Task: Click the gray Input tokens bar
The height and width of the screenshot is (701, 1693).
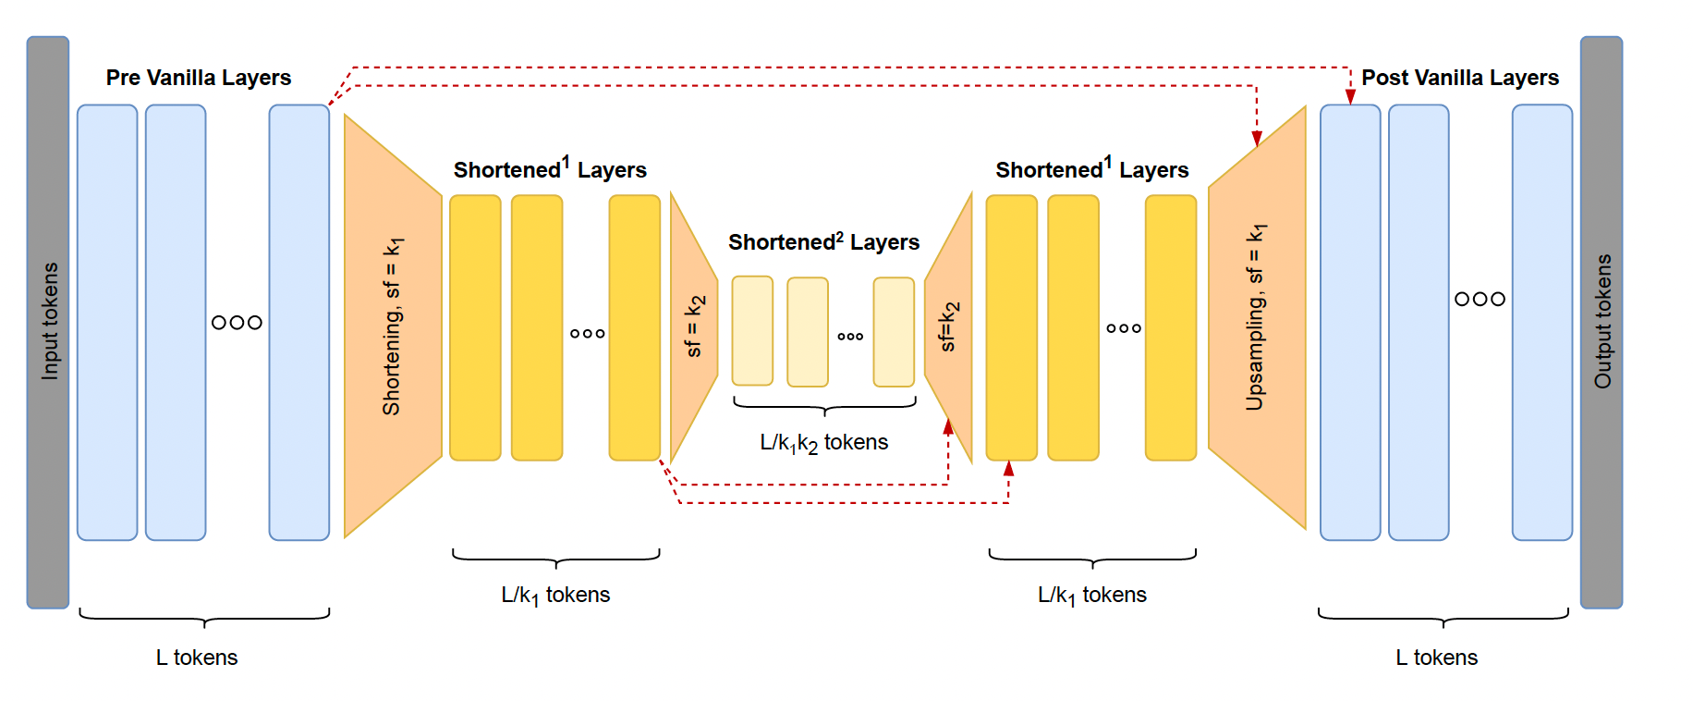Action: click(x=48, y=322)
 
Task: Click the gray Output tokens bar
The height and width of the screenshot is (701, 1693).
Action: click(x=1601, y=322)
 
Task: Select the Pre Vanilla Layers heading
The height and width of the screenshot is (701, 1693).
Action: click(x=198, y=78)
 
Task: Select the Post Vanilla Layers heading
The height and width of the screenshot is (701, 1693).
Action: click(x=1459, y=78)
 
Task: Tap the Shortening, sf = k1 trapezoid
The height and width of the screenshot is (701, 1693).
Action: click(x=392, y=326)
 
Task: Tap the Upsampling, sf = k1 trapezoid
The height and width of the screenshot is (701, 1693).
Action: click(x=1256, y=317)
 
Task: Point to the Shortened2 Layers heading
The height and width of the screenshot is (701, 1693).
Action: click(x=823, y=242)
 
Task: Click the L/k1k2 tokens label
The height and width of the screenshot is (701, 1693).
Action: click(x=823, y=443)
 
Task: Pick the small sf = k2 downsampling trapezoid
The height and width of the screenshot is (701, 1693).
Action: click(x=693, y=326)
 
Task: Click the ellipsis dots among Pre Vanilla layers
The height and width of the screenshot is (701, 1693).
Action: click(x=237, y=323)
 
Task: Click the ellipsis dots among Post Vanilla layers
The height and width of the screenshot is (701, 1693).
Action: click(x=1480, y=299)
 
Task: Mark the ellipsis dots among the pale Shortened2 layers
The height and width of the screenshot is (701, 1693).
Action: click(x=850, y=337)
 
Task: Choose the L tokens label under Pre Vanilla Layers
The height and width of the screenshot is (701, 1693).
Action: click(x=197, y=658)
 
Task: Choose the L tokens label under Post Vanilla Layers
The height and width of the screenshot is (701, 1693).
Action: click(x=1436, y=658)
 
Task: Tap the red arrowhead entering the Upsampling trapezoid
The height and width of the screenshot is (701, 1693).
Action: click(x=1257, y=139)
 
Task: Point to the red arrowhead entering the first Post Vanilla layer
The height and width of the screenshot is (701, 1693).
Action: click(x=1350, y=97)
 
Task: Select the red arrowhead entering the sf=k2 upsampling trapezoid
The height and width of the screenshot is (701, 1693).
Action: click(x=948, y=427)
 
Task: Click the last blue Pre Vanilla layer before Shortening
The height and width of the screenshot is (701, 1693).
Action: click(x=298, y=322)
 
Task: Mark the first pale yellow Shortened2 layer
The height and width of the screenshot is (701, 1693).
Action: click(x=752, y=330)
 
